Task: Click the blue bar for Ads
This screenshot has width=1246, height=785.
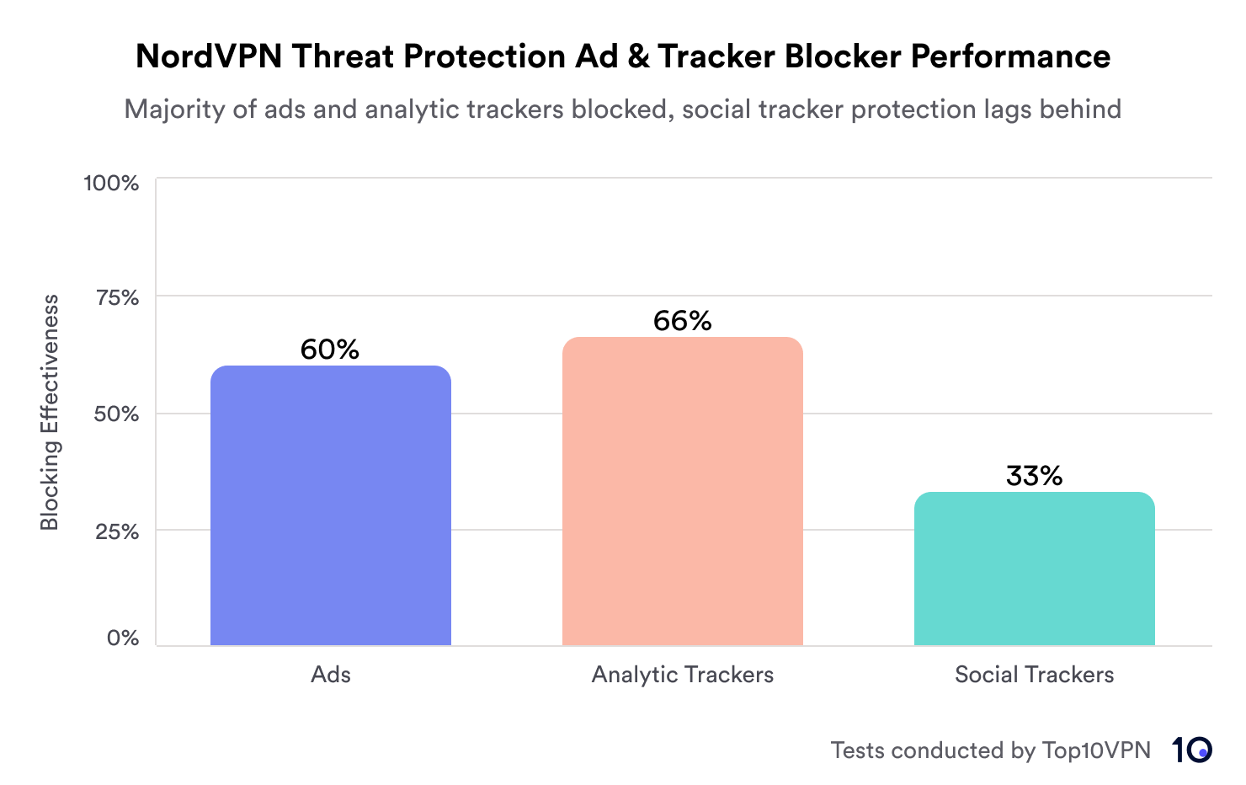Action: [x=330, y=505]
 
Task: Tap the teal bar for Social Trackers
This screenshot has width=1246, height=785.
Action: [x=1034, y=569]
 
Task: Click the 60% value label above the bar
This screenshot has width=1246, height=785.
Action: [x=330, y=350]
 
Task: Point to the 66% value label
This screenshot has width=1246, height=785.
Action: [x=682, y=321]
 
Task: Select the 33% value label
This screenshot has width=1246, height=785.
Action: [x=1034, y=476]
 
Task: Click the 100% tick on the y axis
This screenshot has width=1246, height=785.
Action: [x=111, y=183]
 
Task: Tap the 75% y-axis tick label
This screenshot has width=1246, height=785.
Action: [x=115, y=297]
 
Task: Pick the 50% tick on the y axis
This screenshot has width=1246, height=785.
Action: [x=115, y=414]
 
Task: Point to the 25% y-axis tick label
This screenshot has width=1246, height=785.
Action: [x=115, y=531]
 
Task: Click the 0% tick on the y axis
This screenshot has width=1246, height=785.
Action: [x=123, y=638]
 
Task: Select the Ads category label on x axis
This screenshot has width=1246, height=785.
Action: [x=330, y=675]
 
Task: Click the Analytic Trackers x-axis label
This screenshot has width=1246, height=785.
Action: [x=682, y=675]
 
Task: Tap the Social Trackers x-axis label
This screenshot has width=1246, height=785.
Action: [x=1034, y=675]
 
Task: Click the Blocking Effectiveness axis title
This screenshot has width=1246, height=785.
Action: [x=50, y=412]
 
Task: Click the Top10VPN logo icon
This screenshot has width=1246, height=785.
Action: [x=1191, y=750]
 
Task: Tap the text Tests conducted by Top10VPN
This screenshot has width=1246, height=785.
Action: [x=990, y=750]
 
